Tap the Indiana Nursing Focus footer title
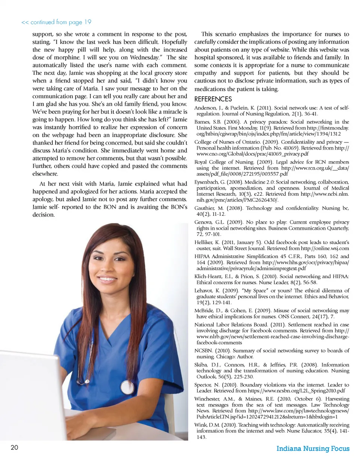coord(313,449)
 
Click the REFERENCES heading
coord(214,99)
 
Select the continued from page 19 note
coord(57,22)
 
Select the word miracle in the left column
coord(165,112)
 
